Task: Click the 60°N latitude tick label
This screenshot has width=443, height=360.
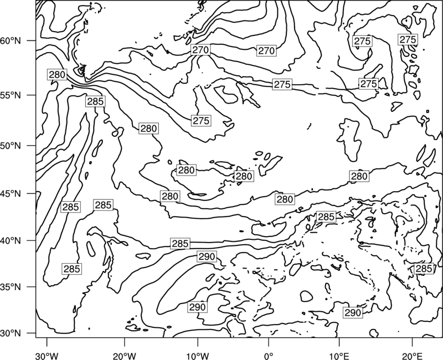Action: click(x=11, y=40)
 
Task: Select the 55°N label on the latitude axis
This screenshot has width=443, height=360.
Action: click(x=11, y=95)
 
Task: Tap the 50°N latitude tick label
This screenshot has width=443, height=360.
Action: click(x=11, y=146)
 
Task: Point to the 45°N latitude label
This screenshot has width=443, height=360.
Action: click(x=11, y=193)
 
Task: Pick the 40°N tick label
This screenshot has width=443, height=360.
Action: click(x=11, y=240)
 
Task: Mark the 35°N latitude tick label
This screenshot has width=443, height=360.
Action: click(x=11, y=287)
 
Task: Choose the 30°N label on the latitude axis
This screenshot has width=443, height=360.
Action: click(x=11, y=333)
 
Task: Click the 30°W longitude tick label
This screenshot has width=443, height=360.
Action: click(x=47, y=354)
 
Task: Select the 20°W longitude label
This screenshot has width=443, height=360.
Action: click(x=125, y=354)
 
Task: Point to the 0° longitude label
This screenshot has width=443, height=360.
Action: click(x=269, y=354)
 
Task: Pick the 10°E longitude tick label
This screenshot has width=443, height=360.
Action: click(x=339, y=354)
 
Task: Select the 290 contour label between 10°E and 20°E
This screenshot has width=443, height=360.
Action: click(x=353, y=312)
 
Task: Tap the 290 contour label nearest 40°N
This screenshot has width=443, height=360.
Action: click(x=207, y=256)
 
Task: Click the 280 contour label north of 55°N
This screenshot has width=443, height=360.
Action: click(x=58, y=75)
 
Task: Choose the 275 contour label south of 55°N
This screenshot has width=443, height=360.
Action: click(x=201, y=121)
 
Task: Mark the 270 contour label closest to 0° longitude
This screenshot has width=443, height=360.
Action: click(x=266, y=50)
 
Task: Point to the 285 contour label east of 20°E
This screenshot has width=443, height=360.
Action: click(x=424, y=269)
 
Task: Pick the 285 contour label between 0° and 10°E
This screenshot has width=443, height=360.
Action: click(x=326, y=217)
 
